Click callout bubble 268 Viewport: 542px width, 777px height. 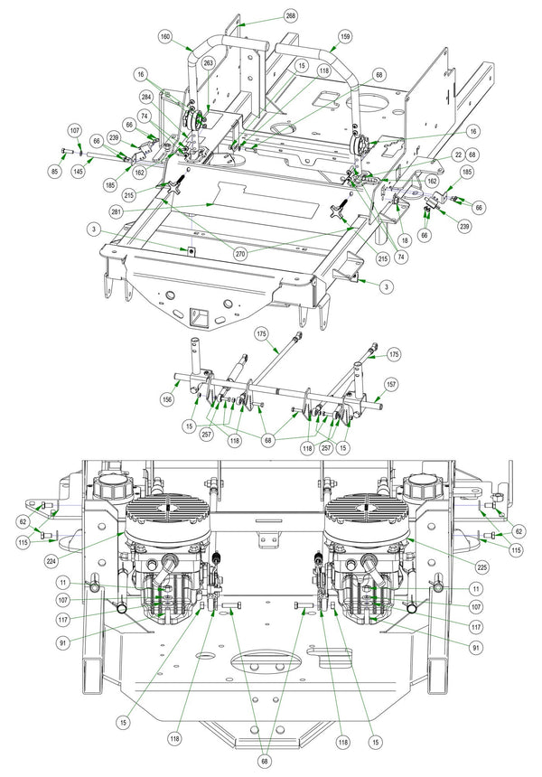[291, 16]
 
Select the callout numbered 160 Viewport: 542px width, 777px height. [165, 37]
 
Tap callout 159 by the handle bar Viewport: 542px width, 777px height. [345, 37]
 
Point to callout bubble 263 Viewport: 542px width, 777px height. [208, 63]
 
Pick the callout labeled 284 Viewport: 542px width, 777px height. [145, 98]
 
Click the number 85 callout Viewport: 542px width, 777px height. [54, 172]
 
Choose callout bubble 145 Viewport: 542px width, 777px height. [78, 172]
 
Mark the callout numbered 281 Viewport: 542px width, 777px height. [116, 212]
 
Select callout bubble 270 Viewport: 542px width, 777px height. [240, 254]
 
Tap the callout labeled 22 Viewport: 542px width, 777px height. [458, 155]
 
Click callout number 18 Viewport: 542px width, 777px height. [406, 241]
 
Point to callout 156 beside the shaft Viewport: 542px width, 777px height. [168, 398]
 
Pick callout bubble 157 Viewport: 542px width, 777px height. [391, 385]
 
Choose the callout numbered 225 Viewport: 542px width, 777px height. [482, 567]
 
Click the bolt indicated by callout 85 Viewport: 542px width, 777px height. [66, 150]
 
